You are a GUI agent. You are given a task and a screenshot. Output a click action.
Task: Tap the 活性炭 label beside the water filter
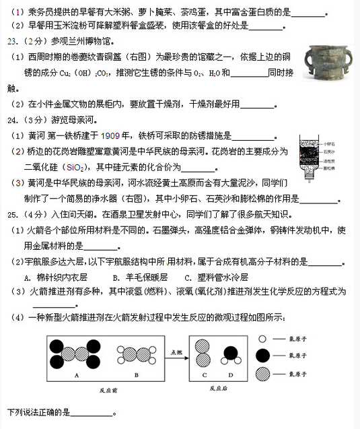[x=334, y=160]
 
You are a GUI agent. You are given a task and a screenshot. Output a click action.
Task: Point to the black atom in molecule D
[x=231, y=352]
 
